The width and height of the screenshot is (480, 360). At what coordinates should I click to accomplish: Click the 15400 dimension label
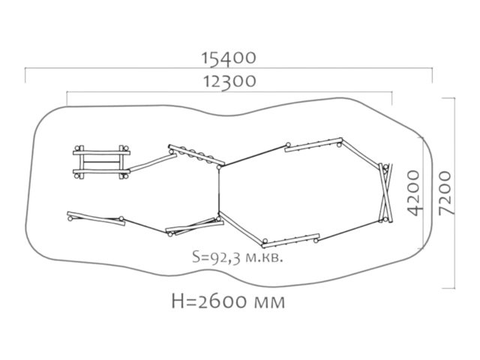tap(228, 58)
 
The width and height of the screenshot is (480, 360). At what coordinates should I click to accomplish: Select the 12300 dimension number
tap(229, 82)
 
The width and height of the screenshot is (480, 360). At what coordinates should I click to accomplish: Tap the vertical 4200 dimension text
tap(414, 193)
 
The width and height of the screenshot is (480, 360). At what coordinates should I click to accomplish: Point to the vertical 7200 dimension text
tap(445, 193)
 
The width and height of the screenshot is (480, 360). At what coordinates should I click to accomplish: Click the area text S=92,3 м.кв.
tap(237, 257)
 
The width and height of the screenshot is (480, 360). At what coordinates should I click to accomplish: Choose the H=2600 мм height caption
tap(228, 301)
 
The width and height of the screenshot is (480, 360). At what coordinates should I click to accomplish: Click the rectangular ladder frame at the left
tap(101, 162)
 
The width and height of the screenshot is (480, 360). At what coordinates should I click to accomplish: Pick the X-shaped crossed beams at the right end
tap(385, 193)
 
